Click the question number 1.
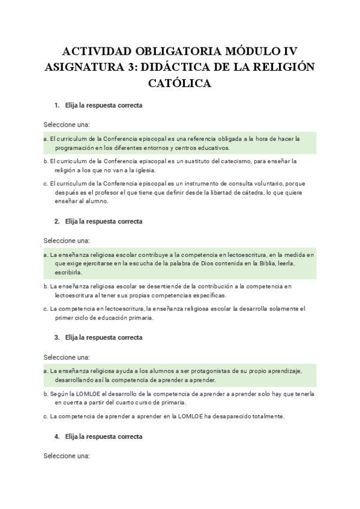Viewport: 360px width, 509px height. coord(56,106)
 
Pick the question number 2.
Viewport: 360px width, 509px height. coord(56,221)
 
